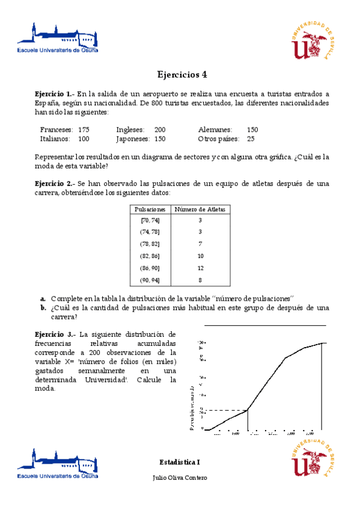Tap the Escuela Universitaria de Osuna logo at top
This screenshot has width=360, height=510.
pyautogui.click(x=58, y=38)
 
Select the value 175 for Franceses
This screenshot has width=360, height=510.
pyautogui.click(x=84, y=130)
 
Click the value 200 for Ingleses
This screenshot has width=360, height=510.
pyautogui.click(x=160, y=130)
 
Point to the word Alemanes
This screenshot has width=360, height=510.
pyautogui.click(x=215, y=130)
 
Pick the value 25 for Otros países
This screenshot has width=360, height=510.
pyautogui.click(x=251, y=139)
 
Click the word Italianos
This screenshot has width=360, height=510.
pyautogui.click(x=56, y=139)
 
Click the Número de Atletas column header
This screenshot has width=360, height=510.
pyautogui.click(x=200, y=209)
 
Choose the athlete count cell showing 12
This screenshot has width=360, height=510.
pyautogui.click(x=200, y=268)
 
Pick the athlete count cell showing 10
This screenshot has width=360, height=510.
pyautogui.click(x=200, y=256)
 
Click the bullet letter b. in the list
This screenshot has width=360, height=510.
pyautogui.click(x=43, y=308)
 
